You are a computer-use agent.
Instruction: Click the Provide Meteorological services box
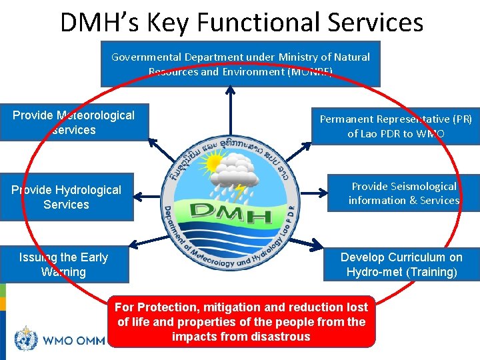(73, 123)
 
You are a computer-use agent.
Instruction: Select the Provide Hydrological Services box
(66, 197)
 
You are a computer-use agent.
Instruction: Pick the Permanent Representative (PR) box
(395, 126)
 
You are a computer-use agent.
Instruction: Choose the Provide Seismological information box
(403, 193)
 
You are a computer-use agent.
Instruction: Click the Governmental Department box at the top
(240, 64)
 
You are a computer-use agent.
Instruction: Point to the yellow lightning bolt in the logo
(238, 193)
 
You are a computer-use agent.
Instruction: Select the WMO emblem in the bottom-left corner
(26, 339)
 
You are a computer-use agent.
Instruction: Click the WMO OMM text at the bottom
(73, 341)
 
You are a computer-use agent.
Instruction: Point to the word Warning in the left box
(63, 272)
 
